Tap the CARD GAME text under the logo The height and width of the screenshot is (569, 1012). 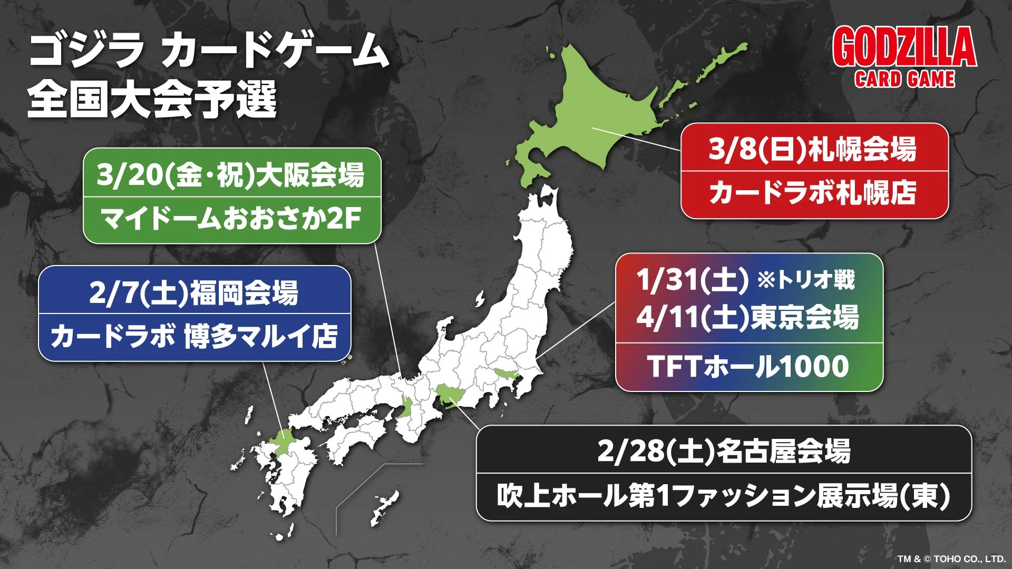click(904, 79)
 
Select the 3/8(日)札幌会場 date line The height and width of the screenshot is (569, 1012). click(813, 149)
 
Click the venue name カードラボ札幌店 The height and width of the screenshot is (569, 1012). click(813, 192)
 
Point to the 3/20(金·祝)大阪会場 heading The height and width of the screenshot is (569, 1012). click(231, 175)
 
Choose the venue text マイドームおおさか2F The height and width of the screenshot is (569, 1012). click(231, 218)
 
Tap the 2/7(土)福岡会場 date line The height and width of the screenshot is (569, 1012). click(194, 292)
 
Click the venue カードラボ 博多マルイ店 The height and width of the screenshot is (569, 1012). click(194, 336)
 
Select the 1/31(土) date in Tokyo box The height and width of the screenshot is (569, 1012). click(693, 280)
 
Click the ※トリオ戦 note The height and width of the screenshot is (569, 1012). click(806, 280)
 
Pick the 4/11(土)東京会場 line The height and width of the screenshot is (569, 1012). click(747, 317)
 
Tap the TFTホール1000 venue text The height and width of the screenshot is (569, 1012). click(748, 366)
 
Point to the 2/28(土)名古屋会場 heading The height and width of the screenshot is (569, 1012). click(724, 452)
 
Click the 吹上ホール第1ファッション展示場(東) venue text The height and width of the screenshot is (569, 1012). click(724, 496)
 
